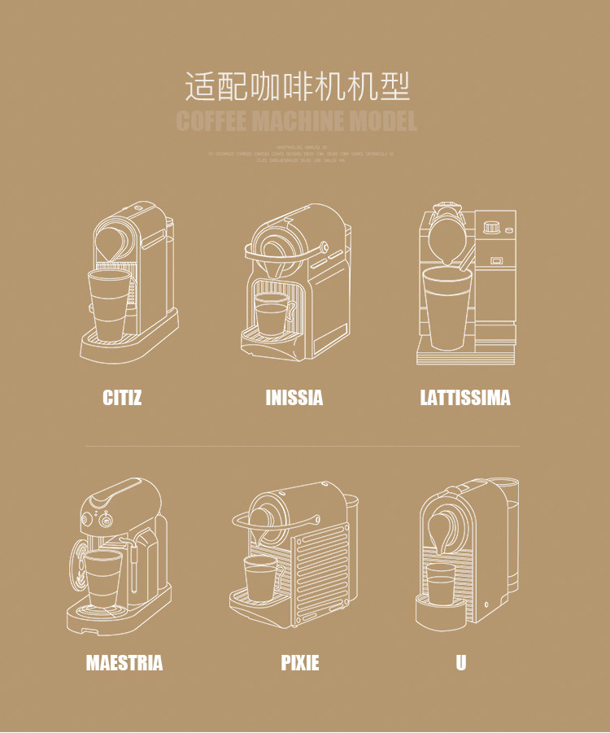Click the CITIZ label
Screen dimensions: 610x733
click(122, 398)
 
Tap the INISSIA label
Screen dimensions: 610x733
click(294, 398)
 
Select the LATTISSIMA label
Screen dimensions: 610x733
click(465, 398)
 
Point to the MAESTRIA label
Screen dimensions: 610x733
click(124, 663)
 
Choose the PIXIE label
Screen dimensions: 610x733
click(300, 663)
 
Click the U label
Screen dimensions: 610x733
click(461, 663)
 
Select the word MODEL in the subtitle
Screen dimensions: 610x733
click(383, 122)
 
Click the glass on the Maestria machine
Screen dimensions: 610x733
click(103, 577)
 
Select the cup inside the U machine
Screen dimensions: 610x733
click(441, 584)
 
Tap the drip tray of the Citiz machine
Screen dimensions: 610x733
click(114, 348)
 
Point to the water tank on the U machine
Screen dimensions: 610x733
click(511, 537)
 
